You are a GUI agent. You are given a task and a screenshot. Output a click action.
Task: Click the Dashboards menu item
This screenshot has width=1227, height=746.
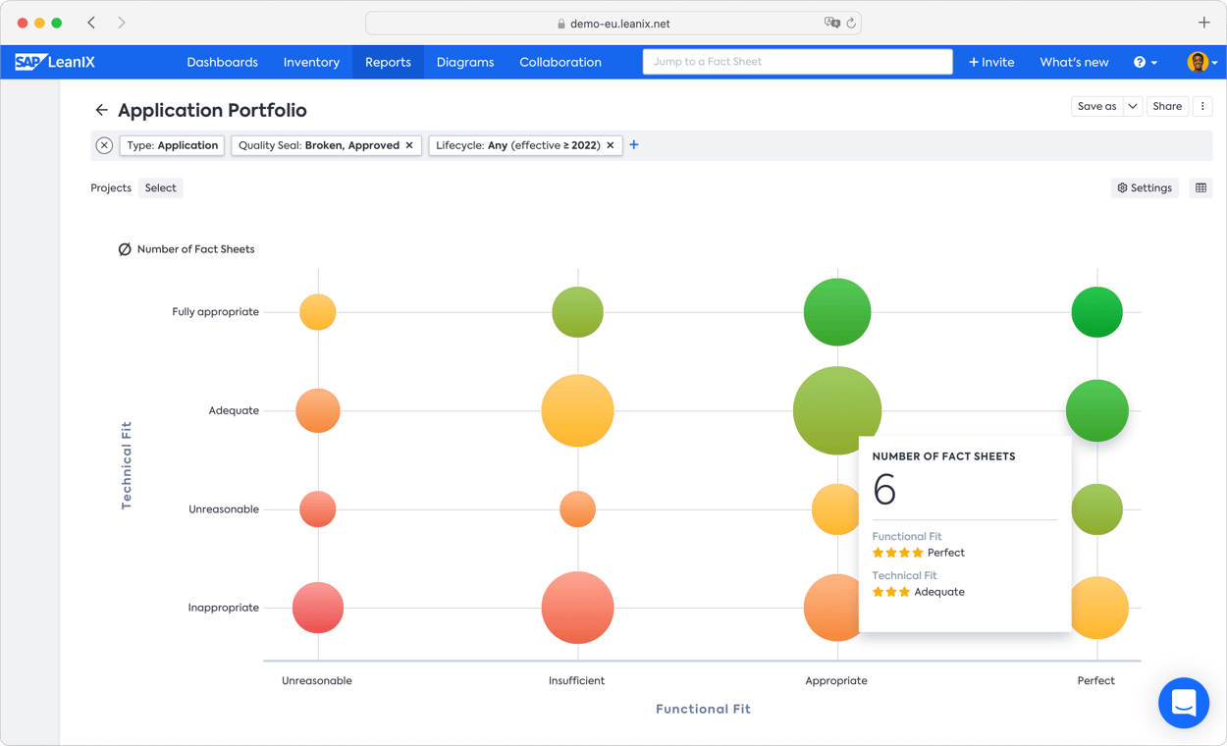tap(222, 62)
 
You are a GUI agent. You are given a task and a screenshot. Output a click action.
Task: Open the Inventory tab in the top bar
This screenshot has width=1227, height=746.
tap(311, 62)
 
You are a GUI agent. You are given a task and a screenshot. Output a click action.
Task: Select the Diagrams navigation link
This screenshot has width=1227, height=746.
tap(465, 62)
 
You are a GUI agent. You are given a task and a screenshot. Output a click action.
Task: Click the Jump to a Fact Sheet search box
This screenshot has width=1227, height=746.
tap(797, 62)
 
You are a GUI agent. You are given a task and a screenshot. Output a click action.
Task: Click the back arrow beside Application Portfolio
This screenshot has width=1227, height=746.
tap(101, 110)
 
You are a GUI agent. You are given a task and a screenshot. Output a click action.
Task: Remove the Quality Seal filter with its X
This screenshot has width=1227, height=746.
tap(409, 145)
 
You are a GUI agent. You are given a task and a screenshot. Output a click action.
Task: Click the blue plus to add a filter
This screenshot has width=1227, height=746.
tap(634, 145)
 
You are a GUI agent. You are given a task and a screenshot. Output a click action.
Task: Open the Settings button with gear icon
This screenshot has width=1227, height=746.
tap(1145, 187)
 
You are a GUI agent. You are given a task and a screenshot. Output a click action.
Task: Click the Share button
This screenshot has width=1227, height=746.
tap(1167, 106)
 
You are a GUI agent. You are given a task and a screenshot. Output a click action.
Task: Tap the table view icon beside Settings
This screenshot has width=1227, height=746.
tap(1200, 187)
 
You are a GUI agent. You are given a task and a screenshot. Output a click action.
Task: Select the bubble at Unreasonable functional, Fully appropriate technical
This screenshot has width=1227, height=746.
tap(318, 312)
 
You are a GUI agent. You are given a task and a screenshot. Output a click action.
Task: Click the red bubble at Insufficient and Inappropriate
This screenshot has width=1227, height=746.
tap(577, 608)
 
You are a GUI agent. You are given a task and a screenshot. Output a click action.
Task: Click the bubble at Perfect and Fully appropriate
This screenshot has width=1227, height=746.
tap(1096, 312)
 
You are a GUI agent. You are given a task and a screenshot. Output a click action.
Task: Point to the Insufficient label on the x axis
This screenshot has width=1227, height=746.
tap(576, 680)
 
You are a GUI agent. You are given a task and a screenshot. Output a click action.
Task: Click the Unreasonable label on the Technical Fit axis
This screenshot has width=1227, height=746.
tap(224, 509)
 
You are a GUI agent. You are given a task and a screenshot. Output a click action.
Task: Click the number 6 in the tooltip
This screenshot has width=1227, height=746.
tap(884, 490)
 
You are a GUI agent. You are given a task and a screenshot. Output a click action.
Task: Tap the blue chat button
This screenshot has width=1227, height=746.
tap(1183, 703)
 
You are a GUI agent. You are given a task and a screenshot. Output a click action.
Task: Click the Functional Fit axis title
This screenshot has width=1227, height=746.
tap(703, 709)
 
